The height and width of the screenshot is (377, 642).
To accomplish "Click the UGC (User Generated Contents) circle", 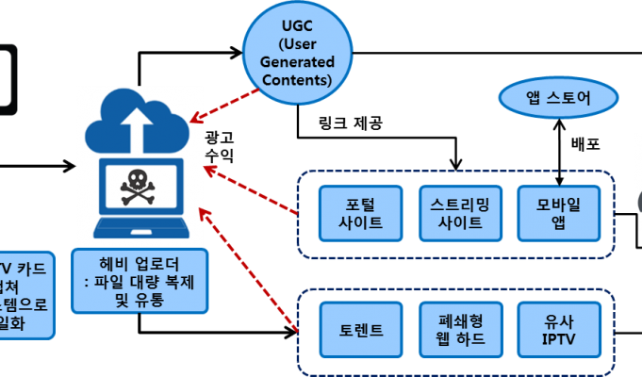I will pyautogui.click(x=297, y=55).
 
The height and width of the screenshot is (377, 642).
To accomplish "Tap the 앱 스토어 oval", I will pyautogui.click(x=558, y=98).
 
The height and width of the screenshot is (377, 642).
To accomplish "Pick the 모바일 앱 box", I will pyautogui.click(x=558, y=213).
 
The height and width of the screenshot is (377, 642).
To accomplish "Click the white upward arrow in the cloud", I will pyautogui.click(x=140, y=125).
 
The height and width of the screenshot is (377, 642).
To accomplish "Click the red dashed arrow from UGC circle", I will pyautogui.click(x=226, y=104).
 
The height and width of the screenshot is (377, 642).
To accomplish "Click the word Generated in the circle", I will pyautogui.click(x=297, y=62).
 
